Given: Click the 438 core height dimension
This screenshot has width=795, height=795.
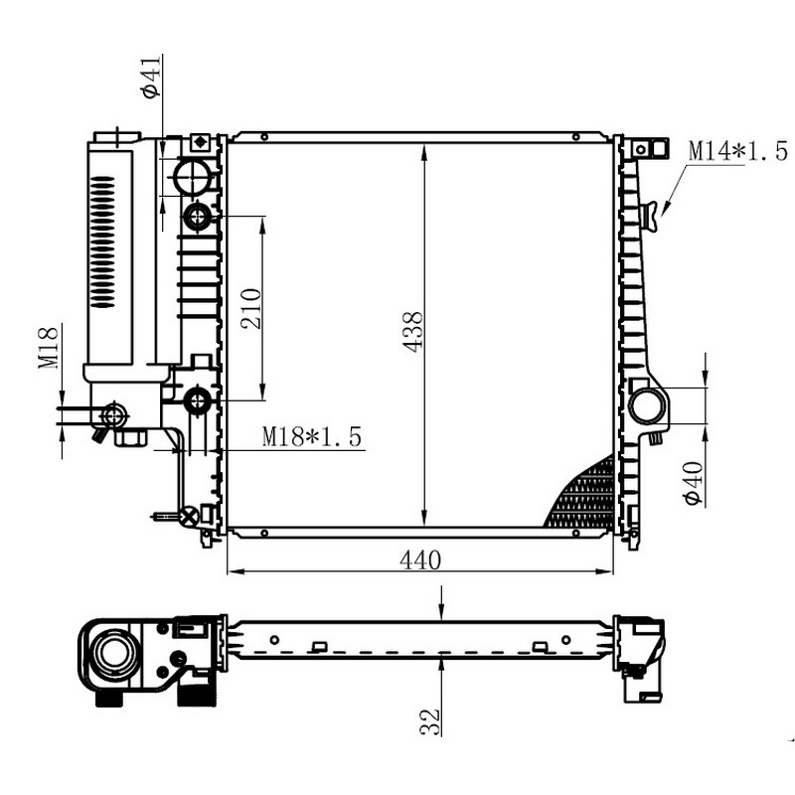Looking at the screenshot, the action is tap(411, 332).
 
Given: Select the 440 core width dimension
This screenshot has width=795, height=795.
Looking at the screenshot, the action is tap(420, 560).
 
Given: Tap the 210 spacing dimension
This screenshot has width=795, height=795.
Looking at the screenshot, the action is tap(251, 309).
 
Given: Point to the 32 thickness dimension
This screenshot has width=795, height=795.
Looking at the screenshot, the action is tap(429, 722).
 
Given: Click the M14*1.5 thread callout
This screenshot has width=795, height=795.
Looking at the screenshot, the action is tap(738, 152).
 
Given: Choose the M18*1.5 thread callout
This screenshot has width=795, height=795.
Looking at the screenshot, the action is tap(312, 436).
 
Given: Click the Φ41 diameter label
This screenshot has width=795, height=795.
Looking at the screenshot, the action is tap(153, 77).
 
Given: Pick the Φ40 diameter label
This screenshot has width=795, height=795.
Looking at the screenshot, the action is tap(694, 483).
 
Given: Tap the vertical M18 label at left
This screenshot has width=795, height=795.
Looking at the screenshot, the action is tap(49, 347).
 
